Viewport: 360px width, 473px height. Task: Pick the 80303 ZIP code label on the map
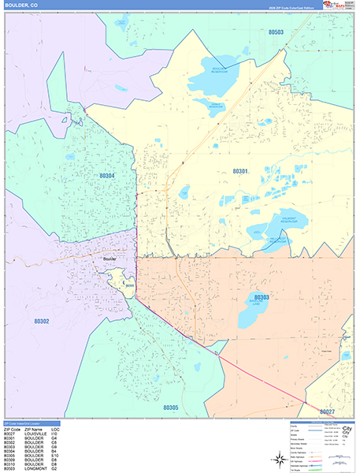click(x=262, y=297)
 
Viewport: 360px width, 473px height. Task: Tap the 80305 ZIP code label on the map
click(x=173, y=408)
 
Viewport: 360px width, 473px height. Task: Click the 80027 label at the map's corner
click(x=328, y=412)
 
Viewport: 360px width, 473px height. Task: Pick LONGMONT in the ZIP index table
click(x=36, y=470)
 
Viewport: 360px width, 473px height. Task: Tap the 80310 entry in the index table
click(x=11, y=465)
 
